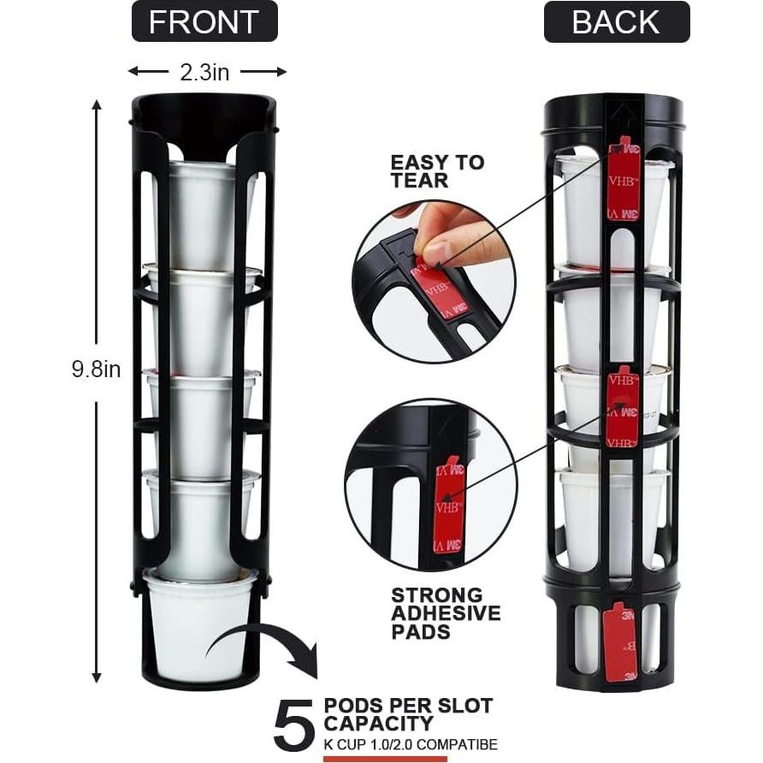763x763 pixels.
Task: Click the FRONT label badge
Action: [204, 21]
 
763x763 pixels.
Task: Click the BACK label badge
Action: [617, 21]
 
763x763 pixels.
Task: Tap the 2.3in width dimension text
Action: [204, 73]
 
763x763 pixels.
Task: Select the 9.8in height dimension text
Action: [95, 370]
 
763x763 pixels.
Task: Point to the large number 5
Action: [293, 725]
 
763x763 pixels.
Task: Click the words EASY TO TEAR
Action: [437, 171]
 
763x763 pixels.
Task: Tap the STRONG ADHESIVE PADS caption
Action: [446, 613]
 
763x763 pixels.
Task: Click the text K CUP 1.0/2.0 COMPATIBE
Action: [410, 744]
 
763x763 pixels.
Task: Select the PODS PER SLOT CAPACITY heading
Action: [408, 715]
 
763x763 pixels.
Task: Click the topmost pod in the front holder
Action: [202, 214]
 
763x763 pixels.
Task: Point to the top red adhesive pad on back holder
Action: [623, 181]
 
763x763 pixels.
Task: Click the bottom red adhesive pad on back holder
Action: [620, 642]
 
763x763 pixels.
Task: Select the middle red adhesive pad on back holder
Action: [623, 407]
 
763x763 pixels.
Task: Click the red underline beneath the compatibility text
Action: [385, 758]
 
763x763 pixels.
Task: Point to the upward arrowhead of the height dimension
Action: [96, 106]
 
